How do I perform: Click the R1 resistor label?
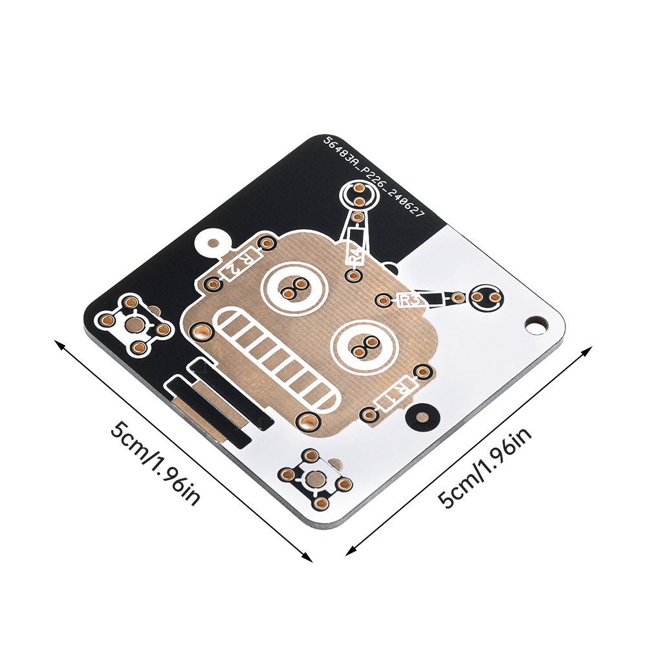[396, 393]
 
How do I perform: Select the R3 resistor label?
[411, 300]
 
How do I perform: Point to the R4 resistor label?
[355, 251]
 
